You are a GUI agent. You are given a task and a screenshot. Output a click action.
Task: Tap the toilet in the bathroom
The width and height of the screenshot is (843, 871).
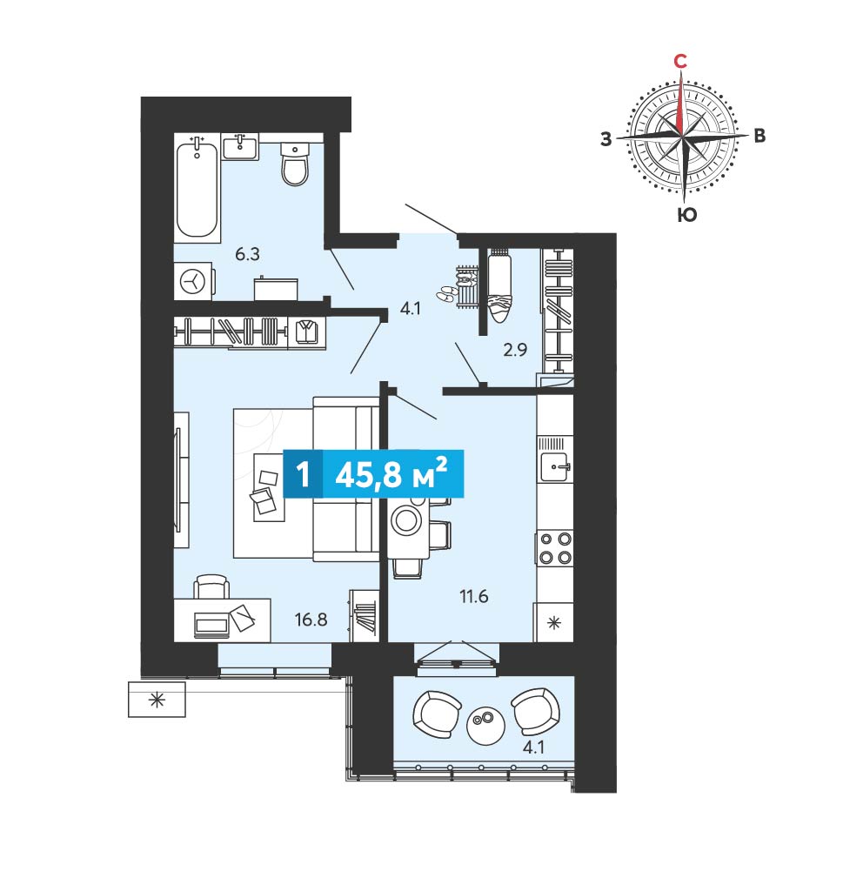pyautogui.click(x=294, y=164)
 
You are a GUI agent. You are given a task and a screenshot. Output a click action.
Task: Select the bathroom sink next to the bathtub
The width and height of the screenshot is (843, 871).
pyautogui.click(x=240, y=147)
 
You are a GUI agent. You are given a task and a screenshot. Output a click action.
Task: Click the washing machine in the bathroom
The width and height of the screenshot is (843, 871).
pyautogui.click(x=193, y=281)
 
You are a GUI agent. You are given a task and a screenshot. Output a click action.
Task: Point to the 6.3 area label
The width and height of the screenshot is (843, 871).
pyautogui.click(x=247, y=254)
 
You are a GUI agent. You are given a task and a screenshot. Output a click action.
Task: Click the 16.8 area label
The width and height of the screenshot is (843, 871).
pyautogui.click(x=311, y=620)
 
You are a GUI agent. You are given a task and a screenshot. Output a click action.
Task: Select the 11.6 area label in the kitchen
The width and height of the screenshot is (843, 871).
pyautogui.click(x=474, y=596)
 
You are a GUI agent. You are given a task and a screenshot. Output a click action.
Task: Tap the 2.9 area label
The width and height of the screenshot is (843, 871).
pyautogui.click(x=515, y=350)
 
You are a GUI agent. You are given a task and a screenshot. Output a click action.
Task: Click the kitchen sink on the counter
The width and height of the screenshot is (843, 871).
pyautogui.click(x=555, y=466)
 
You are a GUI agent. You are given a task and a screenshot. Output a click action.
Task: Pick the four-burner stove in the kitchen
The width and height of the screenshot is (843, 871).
pyautogui.click(x=555, y=548)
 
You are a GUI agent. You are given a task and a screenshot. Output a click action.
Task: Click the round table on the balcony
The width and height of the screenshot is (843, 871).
pyautogui.click(x=485, y=725)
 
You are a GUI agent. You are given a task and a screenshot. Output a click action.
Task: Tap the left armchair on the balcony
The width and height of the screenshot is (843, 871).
pyautogui.click(x=437, y=714)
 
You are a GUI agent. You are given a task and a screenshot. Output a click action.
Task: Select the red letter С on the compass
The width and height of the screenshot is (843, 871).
pyautogui.click(x=679, y=61)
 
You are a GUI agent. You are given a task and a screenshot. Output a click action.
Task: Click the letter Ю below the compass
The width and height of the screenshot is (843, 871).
pyautogui.click(x=687, y=215)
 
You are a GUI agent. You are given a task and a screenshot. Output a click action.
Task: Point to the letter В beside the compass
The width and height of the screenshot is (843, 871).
pyautogui.click(x=759, y=136)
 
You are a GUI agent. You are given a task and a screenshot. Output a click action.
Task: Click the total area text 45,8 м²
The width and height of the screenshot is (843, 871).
pyautogui.click(x=391, y=474)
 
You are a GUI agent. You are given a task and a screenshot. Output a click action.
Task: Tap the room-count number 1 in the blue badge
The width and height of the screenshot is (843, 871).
pyautogui.click(x=303, y=475)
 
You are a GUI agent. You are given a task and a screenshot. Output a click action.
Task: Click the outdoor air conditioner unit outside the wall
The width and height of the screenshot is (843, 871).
pyautogui.click(x=157, y=700)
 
